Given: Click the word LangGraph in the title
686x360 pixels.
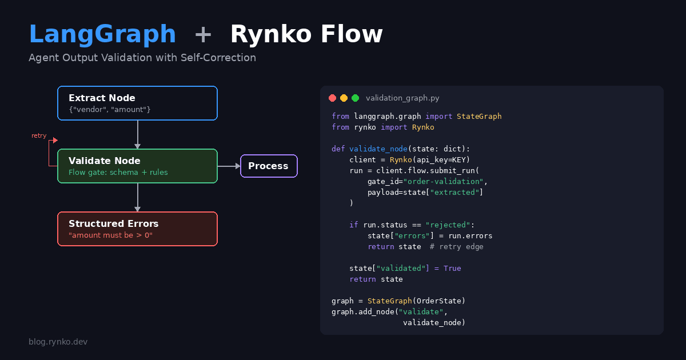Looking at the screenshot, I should (102, 35).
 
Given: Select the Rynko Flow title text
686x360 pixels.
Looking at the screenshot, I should (306, 35).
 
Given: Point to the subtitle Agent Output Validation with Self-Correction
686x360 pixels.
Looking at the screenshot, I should (142, 58).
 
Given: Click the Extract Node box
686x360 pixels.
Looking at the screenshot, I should (137, 103).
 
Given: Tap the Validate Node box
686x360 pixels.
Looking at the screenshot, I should (137, 166).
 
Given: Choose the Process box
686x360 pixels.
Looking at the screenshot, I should (269, 166).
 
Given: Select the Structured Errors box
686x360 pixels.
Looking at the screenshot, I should (137, 229).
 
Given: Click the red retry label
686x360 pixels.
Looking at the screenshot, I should (39, 136).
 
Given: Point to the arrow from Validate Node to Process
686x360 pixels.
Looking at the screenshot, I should (229, 166).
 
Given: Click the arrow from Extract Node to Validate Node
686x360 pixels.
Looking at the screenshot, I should (138, 135).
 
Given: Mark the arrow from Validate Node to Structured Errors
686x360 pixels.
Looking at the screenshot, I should (138, 198).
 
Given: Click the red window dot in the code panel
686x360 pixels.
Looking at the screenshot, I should (332, 98).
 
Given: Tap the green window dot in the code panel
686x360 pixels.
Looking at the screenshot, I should (355, 98).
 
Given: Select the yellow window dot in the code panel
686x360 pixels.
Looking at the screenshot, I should (344, 98).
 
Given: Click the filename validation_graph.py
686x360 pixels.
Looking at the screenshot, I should (402, 98).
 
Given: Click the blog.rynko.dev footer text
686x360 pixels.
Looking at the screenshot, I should (58, 342).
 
